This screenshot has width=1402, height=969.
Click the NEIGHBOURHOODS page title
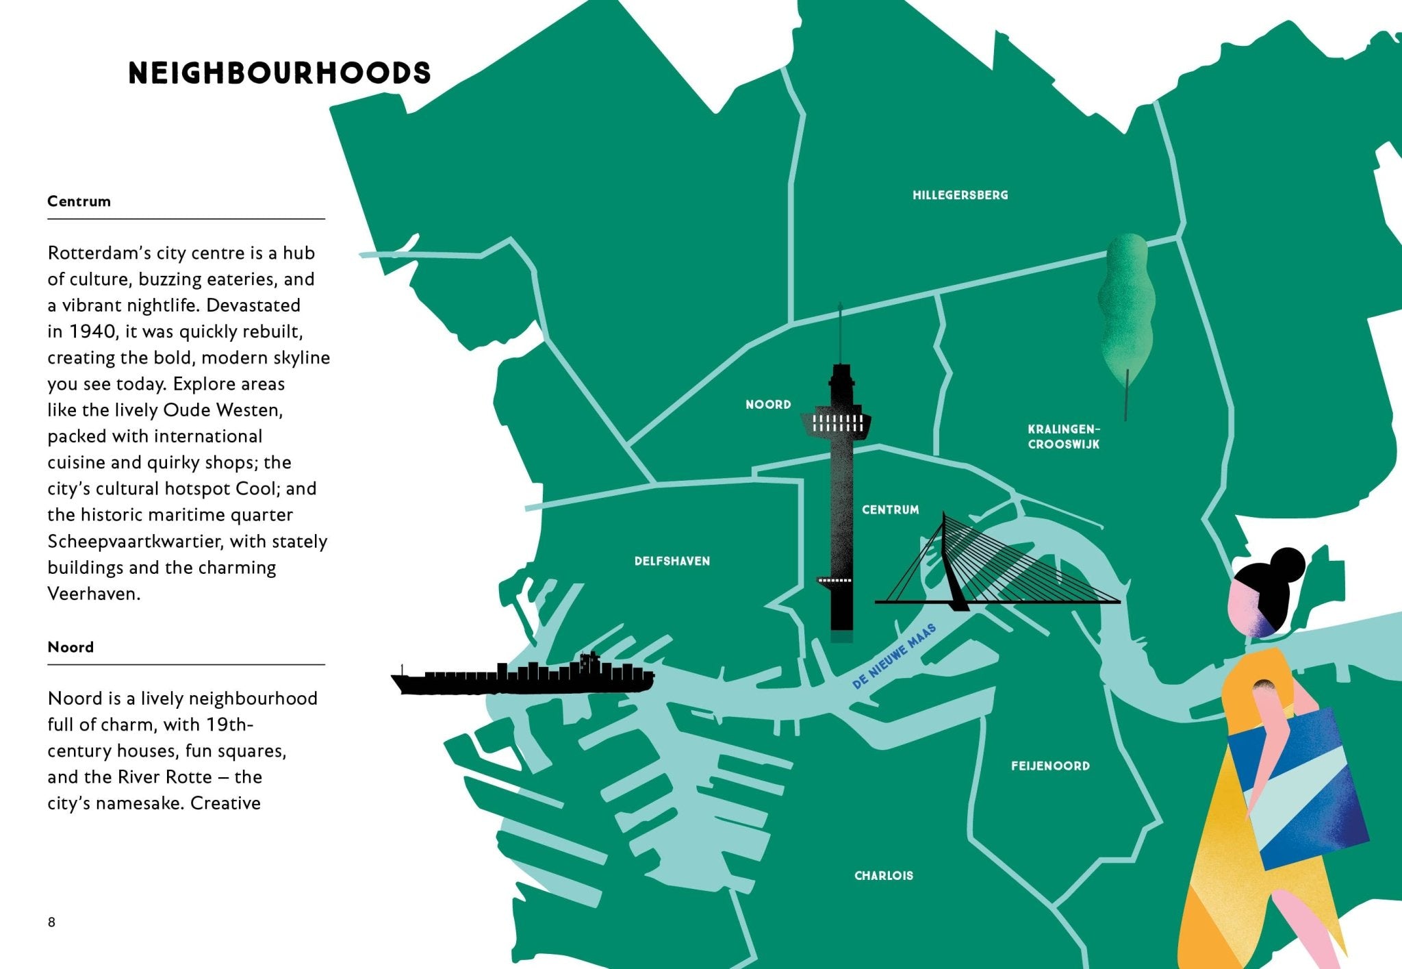(x=279, y=73)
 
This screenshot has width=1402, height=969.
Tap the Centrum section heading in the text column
(x=79, y=201)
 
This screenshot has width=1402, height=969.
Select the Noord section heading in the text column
(x=71, y=647)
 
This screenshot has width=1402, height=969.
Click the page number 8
(x=51, y=922)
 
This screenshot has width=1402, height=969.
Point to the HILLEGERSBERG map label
(x=960, y=195)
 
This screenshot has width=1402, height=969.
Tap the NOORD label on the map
(x=768, y=405)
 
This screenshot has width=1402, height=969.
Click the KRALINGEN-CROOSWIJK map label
(x=1063, y=437)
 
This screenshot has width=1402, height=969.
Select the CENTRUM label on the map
(x=890, y=509)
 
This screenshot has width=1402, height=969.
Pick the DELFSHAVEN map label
(x=672, y=561)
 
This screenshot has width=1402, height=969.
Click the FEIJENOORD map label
(x=1050, y=766)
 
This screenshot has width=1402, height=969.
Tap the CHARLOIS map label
(x=883, y=875)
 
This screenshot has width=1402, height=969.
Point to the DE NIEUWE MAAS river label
(x=893, y=657)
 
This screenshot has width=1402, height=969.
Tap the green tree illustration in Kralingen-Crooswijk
(x=1126, y=308)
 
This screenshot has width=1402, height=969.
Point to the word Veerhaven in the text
(x=94, y=594)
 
